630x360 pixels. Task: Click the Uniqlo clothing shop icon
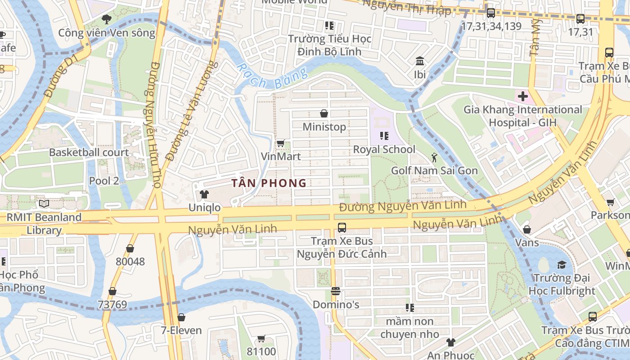[x=204, y=194]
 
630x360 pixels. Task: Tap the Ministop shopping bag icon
[x=324, y=113]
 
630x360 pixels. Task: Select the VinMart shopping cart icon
[x=280, y=143]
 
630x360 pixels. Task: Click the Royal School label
[x=384, y=149]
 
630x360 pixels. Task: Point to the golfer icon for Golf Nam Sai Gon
[x=434, y=157]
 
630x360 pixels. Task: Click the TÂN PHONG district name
[x=269, y=183]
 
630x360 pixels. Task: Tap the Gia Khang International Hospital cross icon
[x=522, y=96]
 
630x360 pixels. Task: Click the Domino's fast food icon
[x=335, y=291]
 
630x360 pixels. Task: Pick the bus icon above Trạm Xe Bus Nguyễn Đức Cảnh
[x=342, y=227]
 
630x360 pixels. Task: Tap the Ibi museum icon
[x=420, y=61]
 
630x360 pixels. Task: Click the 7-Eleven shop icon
[x=181, y=317]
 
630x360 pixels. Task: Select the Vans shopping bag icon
[x=527, y=229]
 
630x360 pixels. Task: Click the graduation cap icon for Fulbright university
[x=562, y=265]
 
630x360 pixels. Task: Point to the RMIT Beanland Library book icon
[x=44, y=204]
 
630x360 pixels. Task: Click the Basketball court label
[x=89, y=153]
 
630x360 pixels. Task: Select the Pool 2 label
[x=104, y=181]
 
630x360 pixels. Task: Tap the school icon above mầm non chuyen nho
[x=409, y=308]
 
